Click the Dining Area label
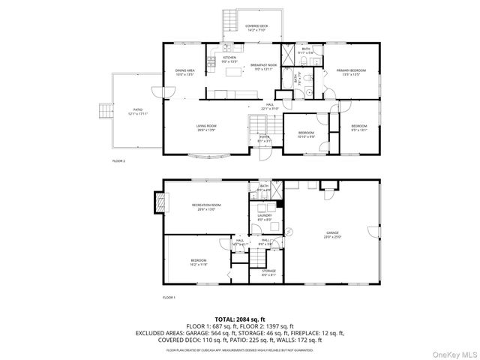[x=184, y=72]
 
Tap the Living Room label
[x=207, y=128]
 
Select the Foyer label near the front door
[x=264, y=139]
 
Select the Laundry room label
[x=265, y=217]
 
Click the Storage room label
[x=269, y=272]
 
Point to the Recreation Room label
[x=206, y=206]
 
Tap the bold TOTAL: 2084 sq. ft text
[x=239, y=319]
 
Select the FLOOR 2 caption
[x=119, y=160]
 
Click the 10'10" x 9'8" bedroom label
[x=306, y=135]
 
